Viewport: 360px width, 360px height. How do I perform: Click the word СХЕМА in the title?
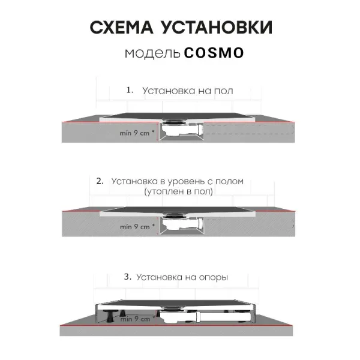coord(121,28)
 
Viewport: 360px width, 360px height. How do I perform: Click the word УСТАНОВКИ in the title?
coord(217,28)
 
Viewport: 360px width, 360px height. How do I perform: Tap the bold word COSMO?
coord(214,53)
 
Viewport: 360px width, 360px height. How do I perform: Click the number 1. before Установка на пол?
coord(130,90)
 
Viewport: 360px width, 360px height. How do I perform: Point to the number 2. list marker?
coord(100,181)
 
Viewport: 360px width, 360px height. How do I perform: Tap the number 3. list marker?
coord(128,277)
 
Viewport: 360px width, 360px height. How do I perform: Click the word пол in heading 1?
coord(224,91)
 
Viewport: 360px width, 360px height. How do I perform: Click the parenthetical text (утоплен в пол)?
coord(179,191)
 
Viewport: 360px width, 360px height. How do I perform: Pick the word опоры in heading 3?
coord(214,278)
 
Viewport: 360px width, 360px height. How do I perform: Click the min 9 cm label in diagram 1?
coord(137,133)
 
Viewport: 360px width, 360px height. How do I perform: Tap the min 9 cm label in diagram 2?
coord(137,227)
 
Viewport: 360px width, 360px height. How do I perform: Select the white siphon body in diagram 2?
coord(181,223)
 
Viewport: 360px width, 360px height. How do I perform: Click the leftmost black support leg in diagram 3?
coord(109,316)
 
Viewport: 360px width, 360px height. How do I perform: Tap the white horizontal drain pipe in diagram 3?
coord(226,316)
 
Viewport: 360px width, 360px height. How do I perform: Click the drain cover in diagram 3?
coord(171,308)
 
